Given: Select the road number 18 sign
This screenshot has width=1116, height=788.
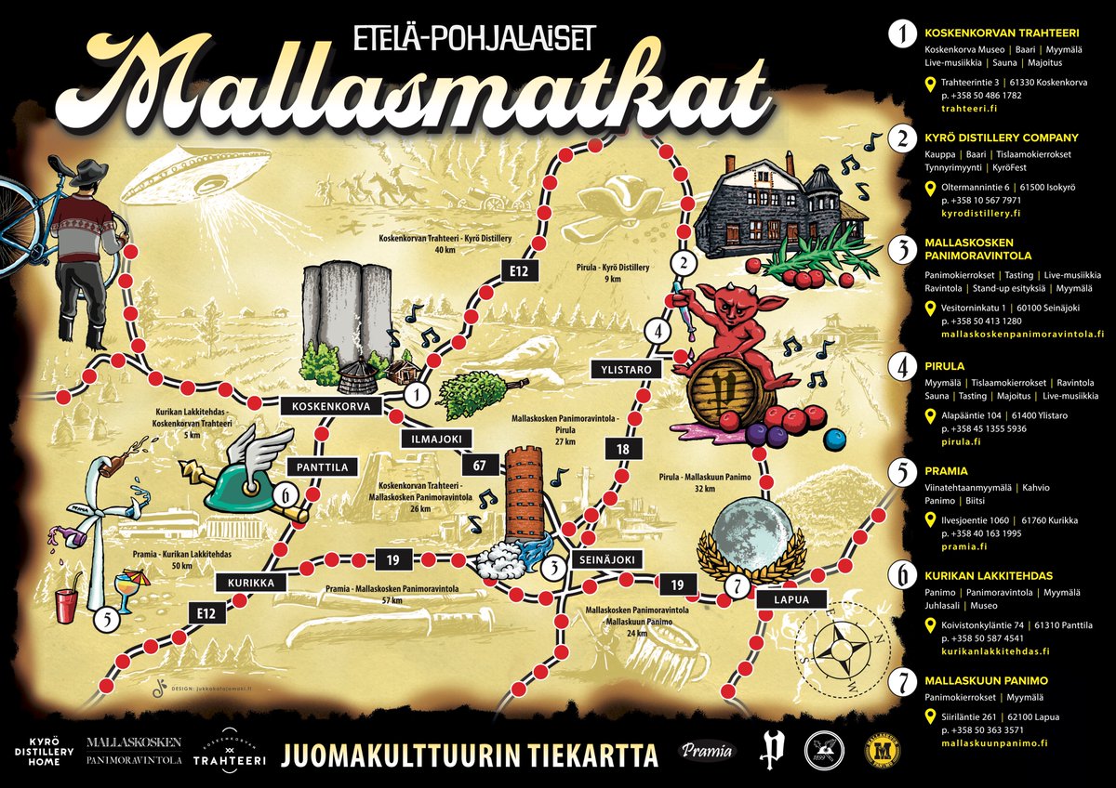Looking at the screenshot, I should click(621, 450).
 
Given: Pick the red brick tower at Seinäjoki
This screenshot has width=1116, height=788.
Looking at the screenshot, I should click(526, 492).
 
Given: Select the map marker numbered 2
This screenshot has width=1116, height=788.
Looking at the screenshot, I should click(684, 263).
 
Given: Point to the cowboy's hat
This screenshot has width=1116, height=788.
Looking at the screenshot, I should click(89, 173).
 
